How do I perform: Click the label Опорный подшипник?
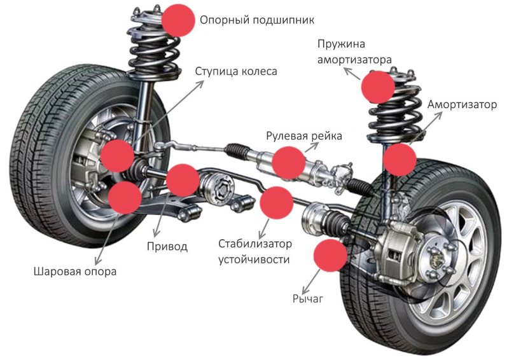[x=257, y=20]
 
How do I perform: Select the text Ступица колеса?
[x=236, y=71]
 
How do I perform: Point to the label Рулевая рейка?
[x=304, y=136]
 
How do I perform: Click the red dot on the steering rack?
[x=288, y=162]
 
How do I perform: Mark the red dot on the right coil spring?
[x=378, y=87]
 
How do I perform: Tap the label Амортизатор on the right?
[x=462, y=104]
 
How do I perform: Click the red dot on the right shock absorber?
[x=400, y=160]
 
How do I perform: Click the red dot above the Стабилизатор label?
[x=277, y=203]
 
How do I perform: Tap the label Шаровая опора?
[x=75, y=272]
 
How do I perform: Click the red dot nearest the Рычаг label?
[x=331, y=255]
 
